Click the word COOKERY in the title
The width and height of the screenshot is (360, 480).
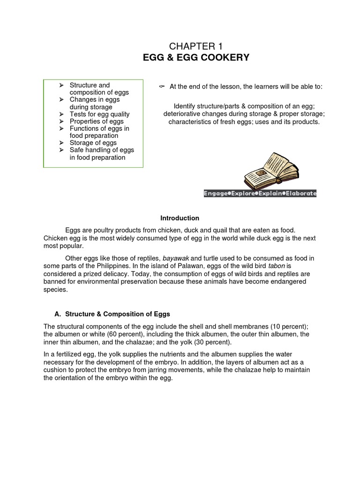point(225,58)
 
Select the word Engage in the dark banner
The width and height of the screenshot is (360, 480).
point(216,193)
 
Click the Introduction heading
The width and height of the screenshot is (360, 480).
point(180,218)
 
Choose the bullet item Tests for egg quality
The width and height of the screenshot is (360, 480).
point(99,114)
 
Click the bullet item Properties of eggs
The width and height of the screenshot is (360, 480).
point(97,121)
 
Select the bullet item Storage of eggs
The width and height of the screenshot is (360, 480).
point(93,142)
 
